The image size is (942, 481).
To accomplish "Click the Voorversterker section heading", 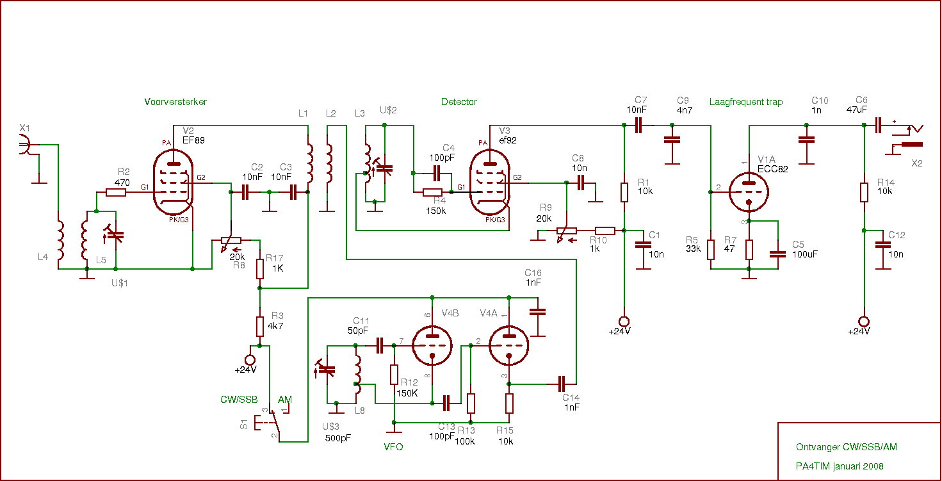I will pos(175,102).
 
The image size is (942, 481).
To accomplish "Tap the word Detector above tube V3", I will pos(459,102).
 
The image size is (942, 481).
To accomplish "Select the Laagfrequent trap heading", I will pos(745,102).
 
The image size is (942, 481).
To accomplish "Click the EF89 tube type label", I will pos(194,140).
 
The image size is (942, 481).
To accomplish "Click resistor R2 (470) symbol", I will pos(116,192).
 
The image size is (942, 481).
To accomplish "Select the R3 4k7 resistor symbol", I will pos(260,326).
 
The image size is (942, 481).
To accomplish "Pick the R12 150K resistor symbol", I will pos(394,375).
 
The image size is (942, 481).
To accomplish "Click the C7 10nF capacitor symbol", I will pos(638,126).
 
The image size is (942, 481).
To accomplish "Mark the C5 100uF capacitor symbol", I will pos(777,254).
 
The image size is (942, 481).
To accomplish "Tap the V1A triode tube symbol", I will pos(749,190).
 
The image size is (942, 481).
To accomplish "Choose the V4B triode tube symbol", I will pos(432,346).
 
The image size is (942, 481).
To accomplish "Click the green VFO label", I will pos(393,447).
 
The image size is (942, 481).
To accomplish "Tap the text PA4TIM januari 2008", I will pos(840,466).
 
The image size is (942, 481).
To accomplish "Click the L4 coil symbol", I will pos(60,240).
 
